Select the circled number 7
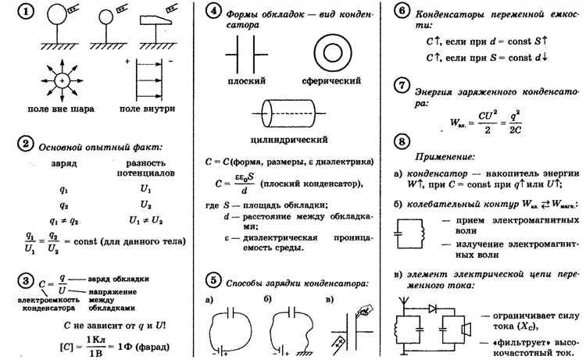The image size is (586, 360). tap(401, 85)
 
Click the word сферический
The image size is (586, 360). tap(329, 80)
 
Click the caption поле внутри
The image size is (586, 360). tap(149, 108)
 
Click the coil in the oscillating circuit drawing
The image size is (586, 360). tap(418, 228)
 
